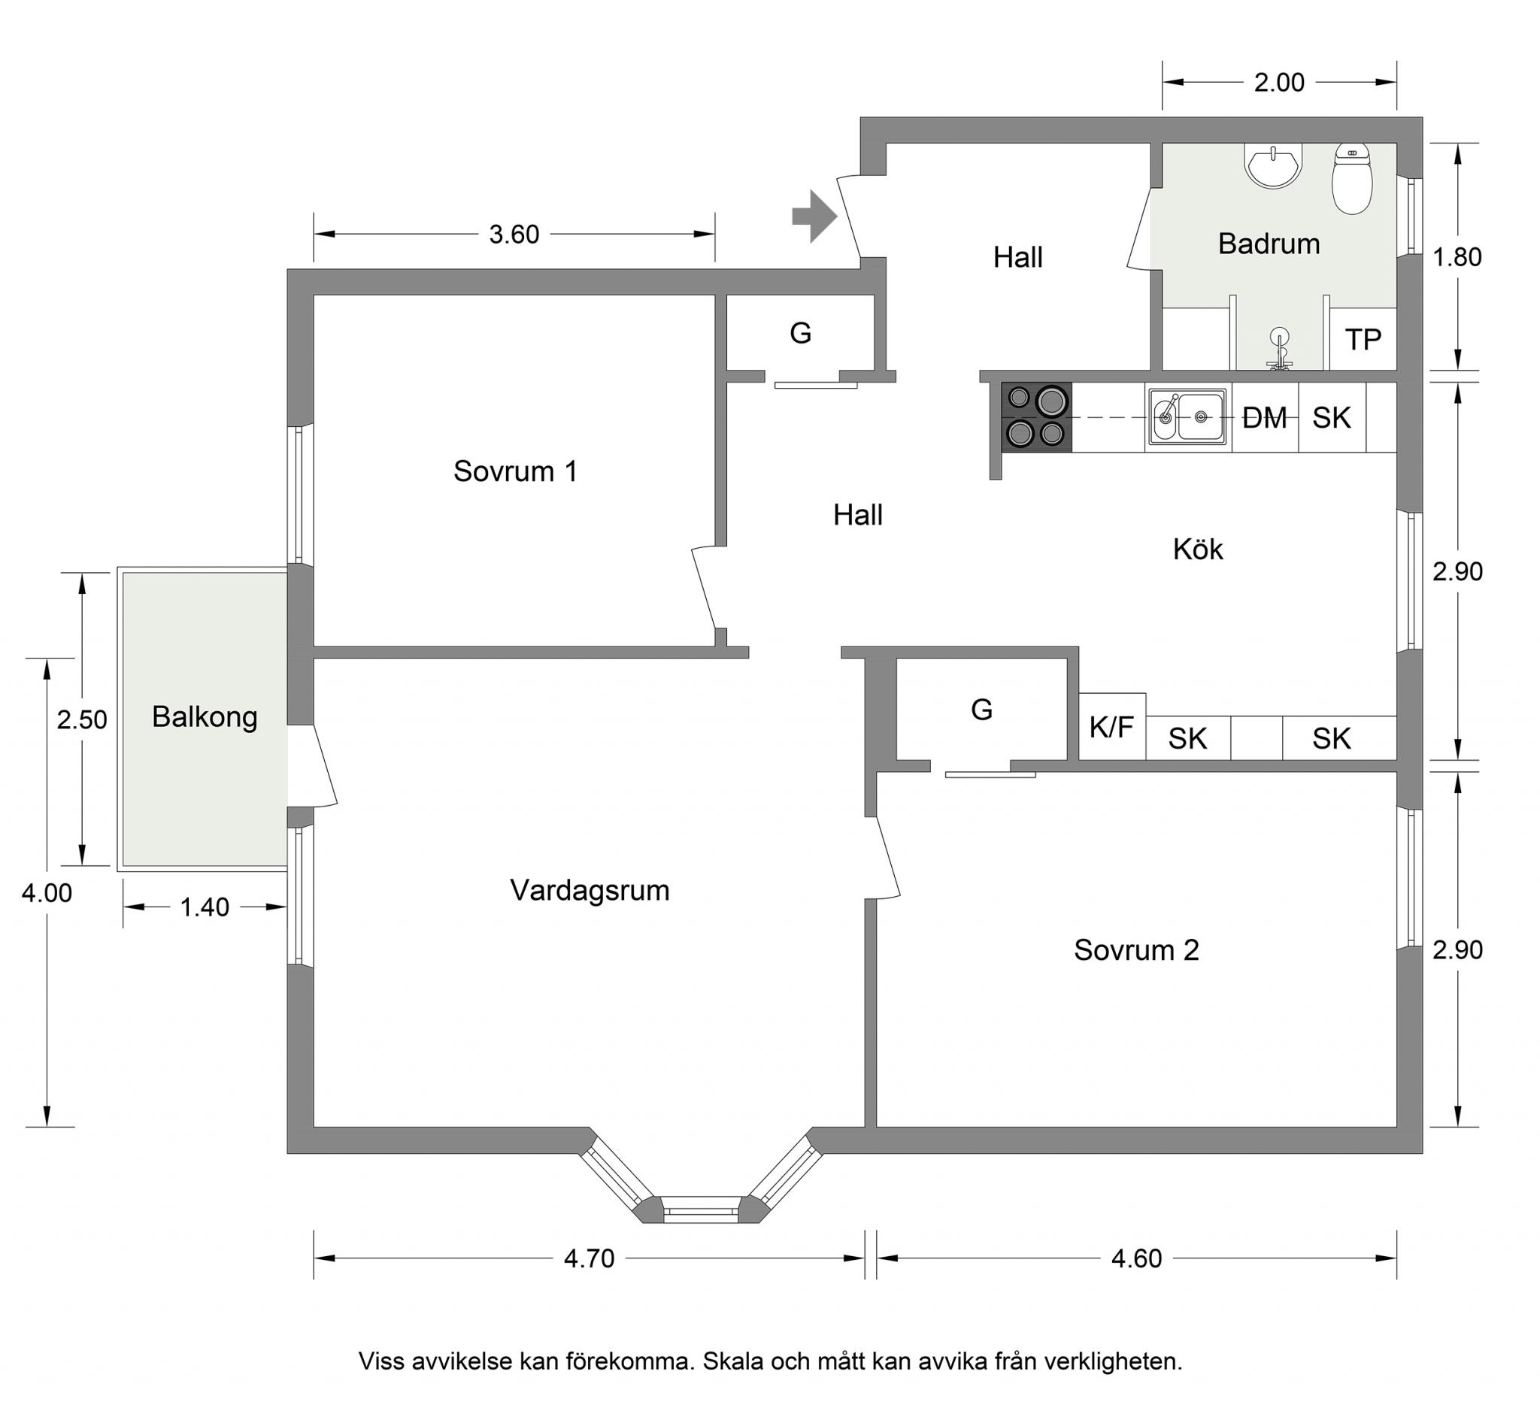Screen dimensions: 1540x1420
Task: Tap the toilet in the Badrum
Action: (1352, 179)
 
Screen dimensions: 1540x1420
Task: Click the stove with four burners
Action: (1037, 417)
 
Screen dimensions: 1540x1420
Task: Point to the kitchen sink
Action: (1187, 417)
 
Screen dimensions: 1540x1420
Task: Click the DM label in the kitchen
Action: (1264, 418)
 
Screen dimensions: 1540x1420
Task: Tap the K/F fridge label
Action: (1111, 727)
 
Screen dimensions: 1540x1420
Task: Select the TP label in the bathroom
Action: (1363, 339)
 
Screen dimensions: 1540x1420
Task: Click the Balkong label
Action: (205, 718)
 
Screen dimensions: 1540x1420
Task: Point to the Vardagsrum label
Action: (590, 891)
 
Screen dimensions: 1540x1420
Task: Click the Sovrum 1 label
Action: (515, 471)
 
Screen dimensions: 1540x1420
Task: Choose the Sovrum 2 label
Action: (1135, 950)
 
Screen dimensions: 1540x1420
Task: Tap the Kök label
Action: (1197, 550)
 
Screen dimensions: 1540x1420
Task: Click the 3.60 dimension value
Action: (514, 235)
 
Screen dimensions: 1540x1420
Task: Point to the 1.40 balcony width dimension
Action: (205, 907)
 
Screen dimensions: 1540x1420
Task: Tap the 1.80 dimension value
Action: (1457, 256)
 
